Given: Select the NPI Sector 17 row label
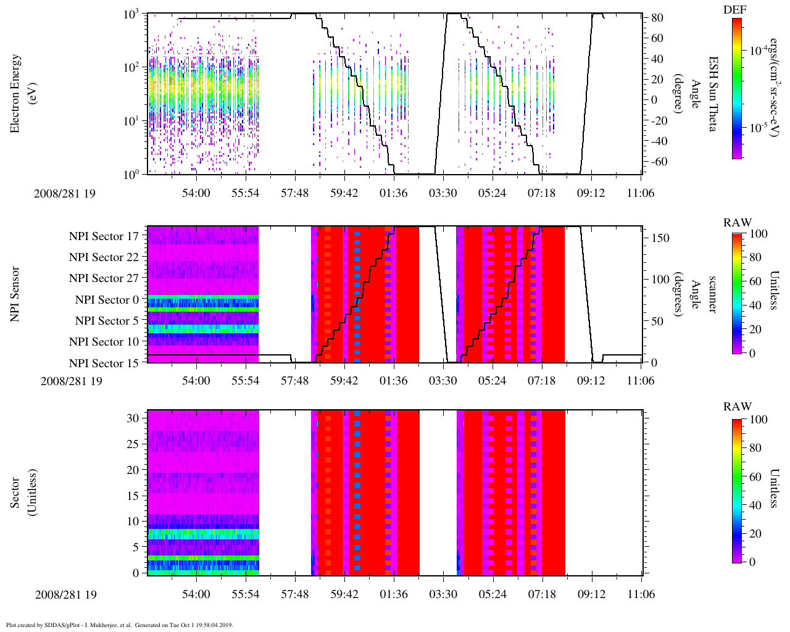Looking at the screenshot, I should coord(104,236).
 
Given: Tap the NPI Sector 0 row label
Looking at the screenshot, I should coord(107,300).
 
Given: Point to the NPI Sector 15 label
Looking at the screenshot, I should coord(104,364).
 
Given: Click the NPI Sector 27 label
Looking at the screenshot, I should coord(104,278).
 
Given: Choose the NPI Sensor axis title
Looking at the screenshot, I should coord(15,294).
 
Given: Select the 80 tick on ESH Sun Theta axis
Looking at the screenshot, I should coord(657,18).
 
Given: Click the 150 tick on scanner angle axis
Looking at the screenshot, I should coord(660,238).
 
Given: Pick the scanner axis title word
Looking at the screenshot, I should coord(712,294).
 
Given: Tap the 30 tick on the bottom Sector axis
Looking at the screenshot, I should coord(133,418).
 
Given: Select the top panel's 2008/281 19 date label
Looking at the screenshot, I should coord(64,193).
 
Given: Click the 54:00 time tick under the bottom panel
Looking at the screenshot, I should coord(196,594).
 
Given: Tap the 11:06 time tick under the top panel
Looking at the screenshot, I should coord(641,193).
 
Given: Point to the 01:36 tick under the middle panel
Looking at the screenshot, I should coord(394,380).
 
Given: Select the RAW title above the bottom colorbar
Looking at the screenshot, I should coord(738,407).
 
